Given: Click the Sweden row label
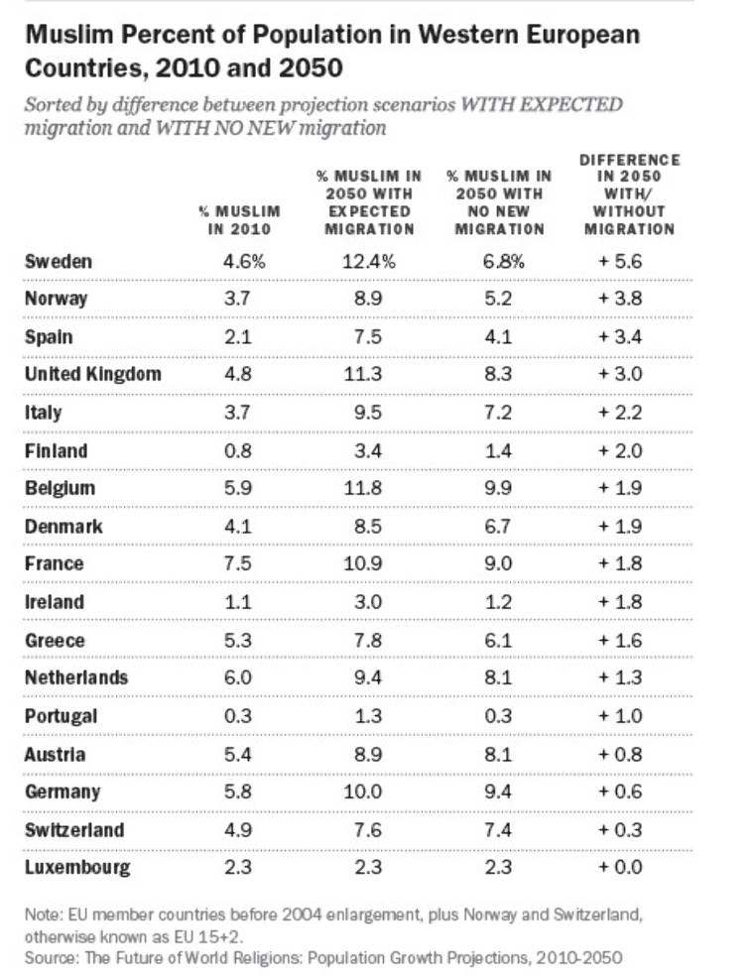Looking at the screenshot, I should tap(59, 262).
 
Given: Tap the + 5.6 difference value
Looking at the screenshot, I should tap(620, 262).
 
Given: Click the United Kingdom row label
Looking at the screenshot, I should tap(92, 375).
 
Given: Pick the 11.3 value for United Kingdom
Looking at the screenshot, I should tap(370, 375).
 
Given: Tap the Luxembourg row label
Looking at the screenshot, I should tap(77, 868).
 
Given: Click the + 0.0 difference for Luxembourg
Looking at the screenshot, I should tap(620, 868).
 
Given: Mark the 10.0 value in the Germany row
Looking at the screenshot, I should tap(370, 792).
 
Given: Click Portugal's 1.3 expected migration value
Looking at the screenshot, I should tap(370, 716).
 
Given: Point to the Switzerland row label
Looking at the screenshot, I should tap(75, 829).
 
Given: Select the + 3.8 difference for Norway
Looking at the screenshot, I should tap(620, 299).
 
